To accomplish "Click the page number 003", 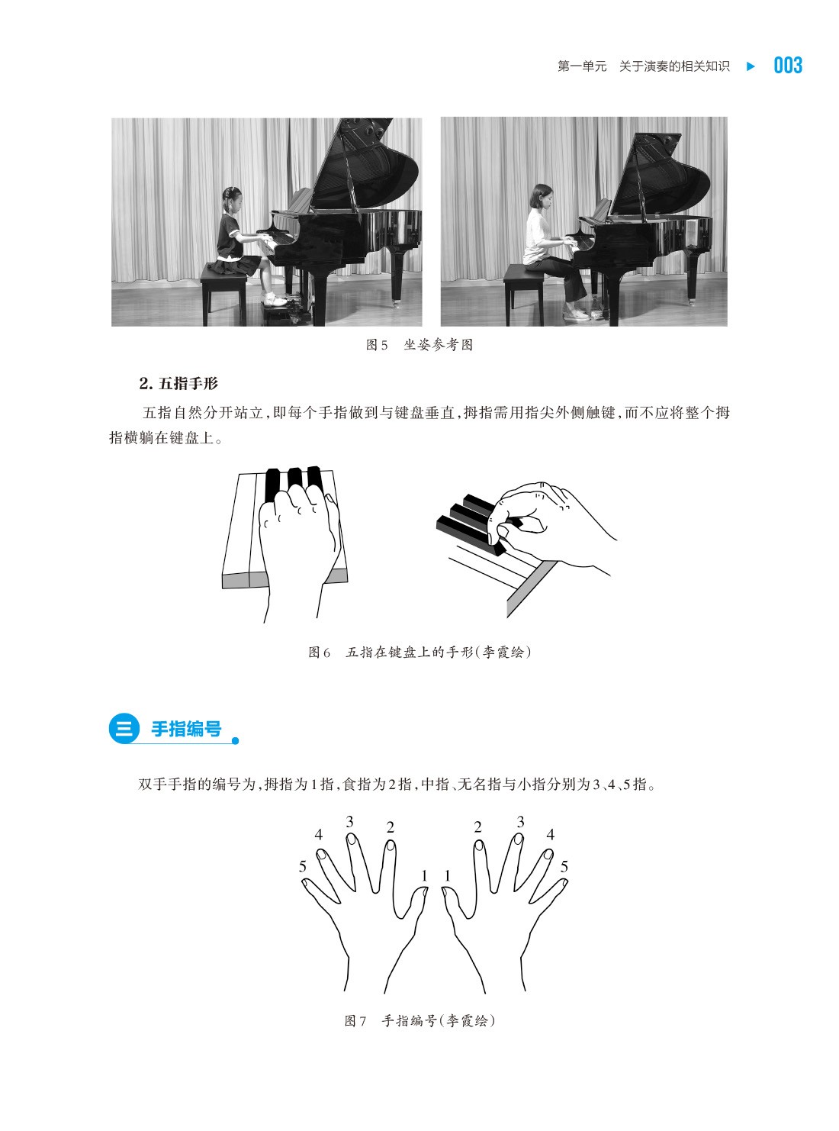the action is click(788, 66).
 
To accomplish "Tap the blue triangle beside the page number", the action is click(751, 66).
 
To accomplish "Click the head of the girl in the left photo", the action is click(231, 199).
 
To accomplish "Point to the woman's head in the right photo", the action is click(542, 196).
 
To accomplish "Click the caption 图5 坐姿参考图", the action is click(419, 345).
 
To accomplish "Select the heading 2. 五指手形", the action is click(178, 383).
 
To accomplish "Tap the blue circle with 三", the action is click(124, 728).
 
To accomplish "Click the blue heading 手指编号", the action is click(186, 729).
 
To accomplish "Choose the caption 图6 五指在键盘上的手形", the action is click(419, 652).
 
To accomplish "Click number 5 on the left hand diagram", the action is click(303, 866).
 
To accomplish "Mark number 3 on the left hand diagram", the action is click(349, 822).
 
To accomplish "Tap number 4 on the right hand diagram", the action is click(551, 835).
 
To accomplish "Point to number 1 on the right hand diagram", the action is click(448, 876).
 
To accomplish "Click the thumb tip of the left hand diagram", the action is click(424, 891).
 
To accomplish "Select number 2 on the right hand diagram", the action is click(477, 827).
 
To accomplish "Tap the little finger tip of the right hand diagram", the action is click(564, 882).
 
